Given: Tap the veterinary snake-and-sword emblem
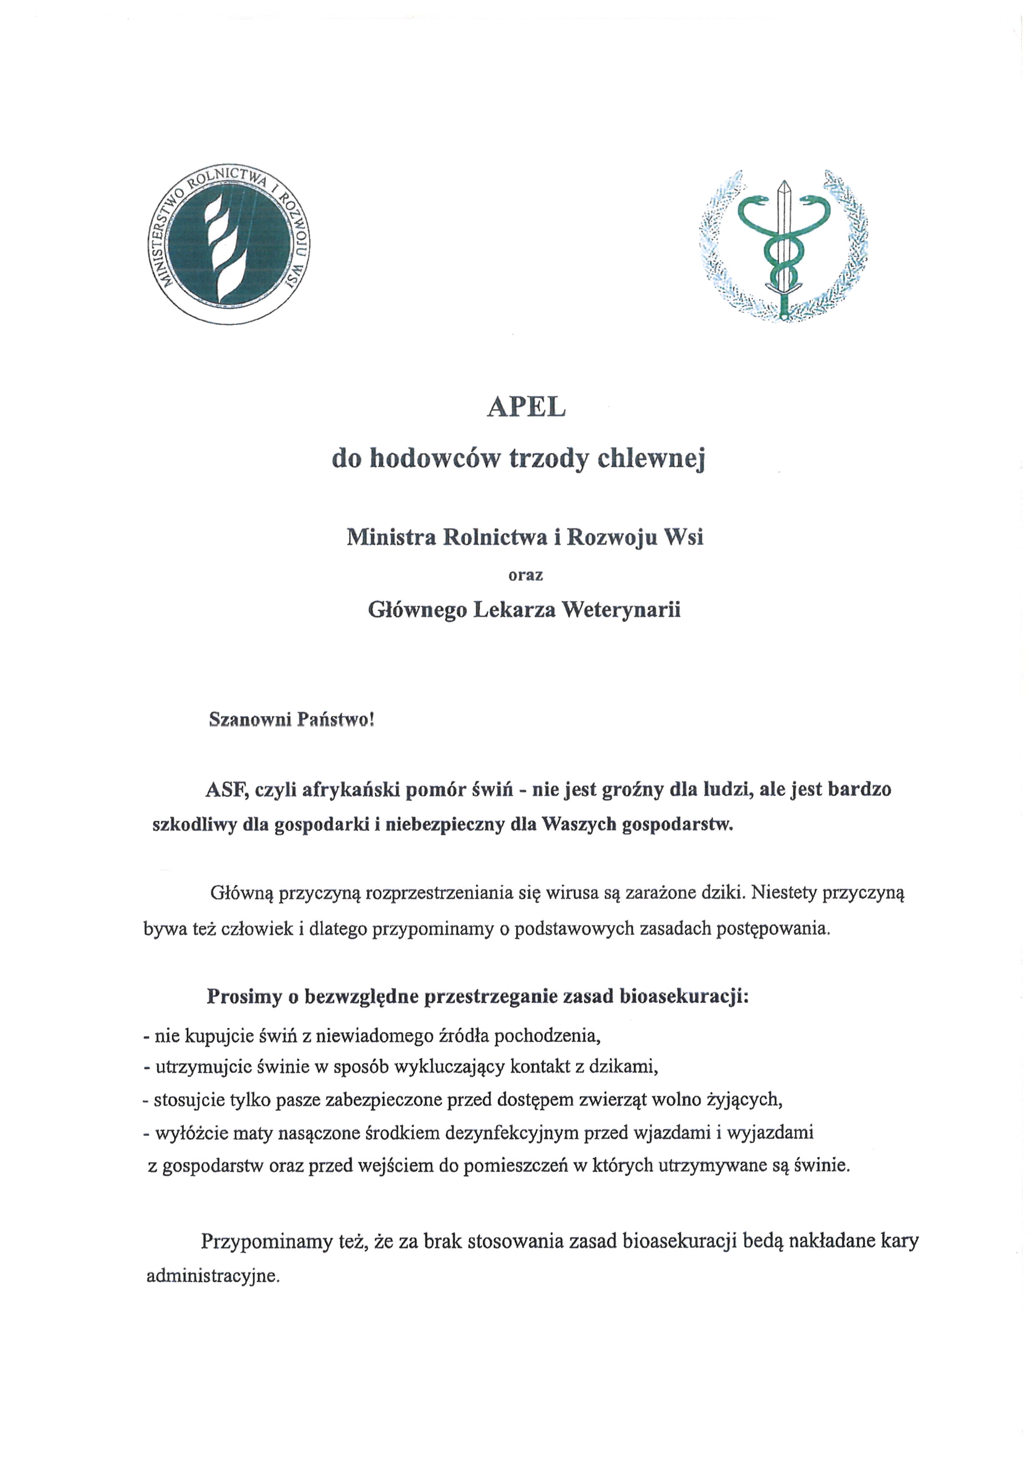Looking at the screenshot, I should coord(783,245).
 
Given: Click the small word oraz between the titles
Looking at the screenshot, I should coord(526,575).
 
